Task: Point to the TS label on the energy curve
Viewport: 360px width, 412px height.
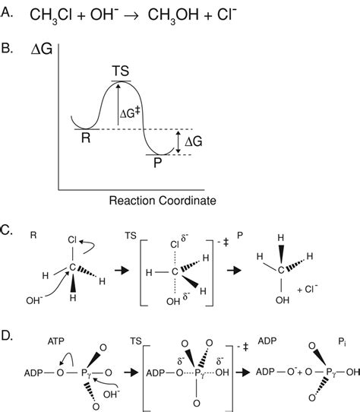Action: pos(118,70)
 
